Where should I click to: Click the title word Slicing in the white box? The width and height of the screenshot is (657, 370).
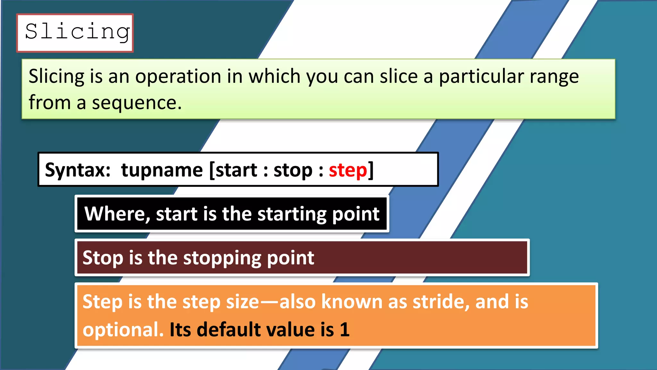pyautogui.click(x=77, y=32)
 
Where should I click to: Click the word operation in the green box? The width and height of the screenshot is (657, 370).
pyautogui.click(x=178, y=77)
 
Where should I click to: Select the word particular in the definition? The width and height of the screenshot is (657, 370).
pyautogui.click(x=481, y=77)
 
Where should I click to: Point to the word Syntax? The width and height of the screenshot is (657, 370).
pyautogui.click(x=78, y=170)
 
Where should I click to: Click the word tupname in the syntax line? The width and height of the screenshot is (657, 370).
pyautogui.click(x=162, y=170)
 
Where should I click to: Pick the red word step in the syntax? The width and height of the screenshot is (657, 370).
pyautogui.click(x=348, y=170)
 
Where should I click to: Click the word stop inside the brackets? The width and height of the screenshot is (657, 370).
pyautogui.click(x=293, y=170)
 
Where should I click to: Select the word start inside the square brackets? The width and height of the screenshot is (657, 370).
pyautogui.click(x=236, y=170)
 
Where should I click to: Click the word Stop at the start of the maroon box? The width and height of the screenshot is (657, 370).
pyautogui.click(x=103, y=258)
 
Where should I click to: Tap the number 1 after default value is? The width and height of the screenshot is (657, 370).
pyautogui.click(x=345, y=330)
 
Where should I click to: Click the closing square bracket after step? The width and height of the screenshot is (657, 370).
pyautogui.click(x=371, y=170)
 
